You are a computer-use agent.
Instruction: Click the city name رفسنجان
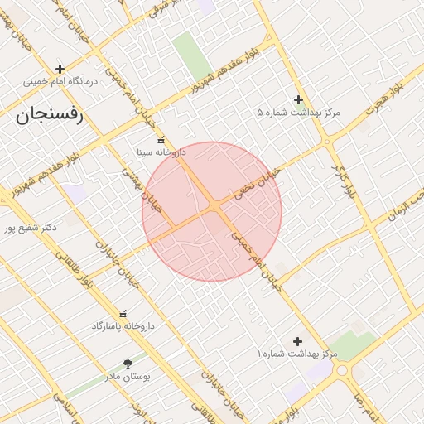[x=49, y=114]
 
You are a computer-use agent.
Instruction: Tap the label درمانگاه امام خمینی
[x=60, y=82]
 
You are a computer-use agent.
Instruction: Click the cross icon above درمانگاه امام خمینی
[x=60, y=69]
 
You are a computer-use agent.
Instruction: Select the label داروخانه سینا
[x=161, y=153]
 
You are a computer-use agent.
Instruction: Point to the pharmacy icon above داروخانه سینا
[x=161, y=140]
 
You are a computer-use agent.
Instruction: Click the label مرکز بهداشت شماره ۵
[x=298, y=113]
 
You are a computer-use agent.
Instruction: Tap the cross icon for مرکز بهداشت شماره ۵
[x=298, y=99]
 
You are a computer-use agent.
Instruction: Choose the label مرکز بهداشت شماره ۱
[x=297, y=354]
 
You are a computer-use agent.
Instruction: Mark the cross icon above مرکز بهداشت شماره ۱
[x=298, y=341]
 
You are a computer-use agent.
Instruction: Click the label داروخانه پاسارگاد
[x=123, y=326]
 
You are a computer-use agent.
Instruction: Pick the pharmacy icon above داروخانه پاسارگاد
[x=124, y=313]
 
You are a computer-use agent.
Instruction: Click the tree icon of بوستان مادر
[x=128, y=364]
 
